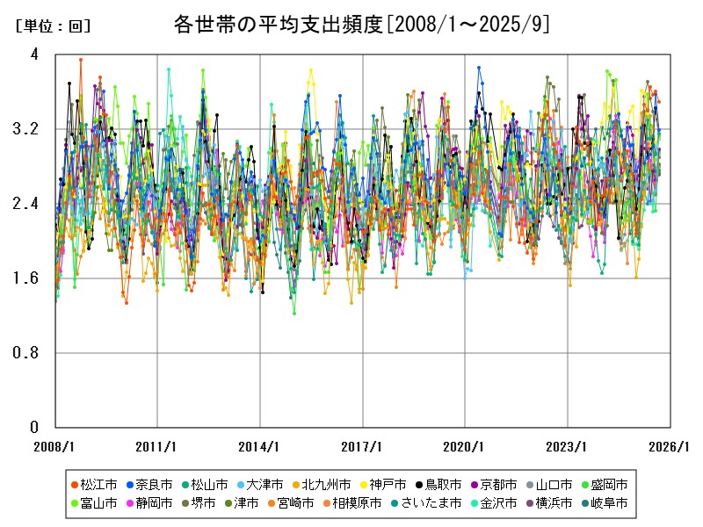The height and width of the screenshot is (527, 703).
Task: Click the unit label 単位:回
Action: [x=53, y=26]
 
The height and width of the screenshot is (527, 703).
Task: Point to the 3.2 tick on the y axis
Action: [x=28, y=129]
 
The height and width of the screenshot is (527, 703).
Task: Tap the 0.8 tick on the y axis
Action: [x=28, y=353]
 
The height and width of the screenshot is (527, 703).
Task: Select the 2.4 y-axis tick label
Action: [x=28, y=204]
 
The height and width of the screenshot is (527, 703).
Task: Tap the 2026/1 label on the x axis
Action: [x=671, y=446]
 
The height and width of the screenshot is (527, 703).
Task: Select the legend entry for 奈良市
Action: [x=153, y=484]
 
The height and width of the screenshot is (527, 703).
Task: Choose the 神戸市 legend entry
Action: [x=387, y=484]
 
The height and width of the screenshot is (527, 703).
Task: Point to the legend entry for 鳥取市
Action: [x=443, y=484]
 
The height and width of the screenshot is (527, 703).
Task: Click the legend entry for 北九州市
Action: [x=325, y=484]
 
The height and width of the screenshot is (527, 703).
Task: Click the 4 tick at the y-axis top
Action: [x=34, y=54]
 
